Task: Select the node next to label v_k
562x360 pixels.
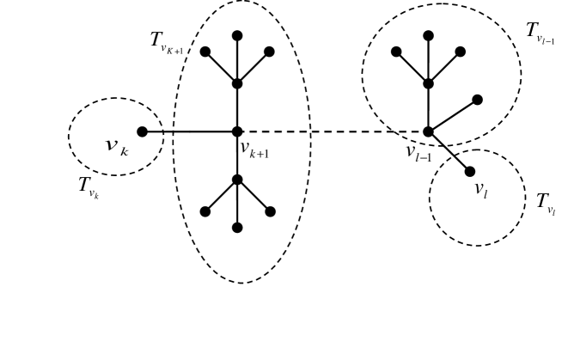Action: [x=143, y=131]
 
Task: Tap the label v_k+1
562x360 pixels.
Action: [x=254, y=149]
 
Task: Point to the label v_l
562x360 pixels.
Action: [x=481, y=190]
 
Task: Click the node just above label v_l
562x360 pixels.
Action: [x=470, y=172]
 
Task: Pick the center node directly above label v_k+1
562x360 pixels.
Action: [x=237, y=131]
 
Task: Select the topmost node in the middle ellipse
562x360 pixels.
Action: [x=237, y=36]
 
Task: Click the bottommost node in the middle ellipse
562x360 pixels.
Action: [x=237, y=228]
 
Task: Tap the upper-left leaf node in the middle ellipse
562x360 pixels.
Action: [x=205, y=52]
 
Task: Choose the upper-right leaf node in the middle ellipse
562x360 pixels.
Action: [x=269, y=52]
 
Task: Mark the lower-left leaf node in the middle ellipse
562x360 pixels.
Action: [x=205, y=211]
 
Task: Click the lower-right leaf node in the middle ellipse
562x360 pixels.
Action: [x=270, y=211]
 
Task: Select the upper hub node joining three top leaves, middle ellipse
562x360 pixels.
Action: [x=237, y=83]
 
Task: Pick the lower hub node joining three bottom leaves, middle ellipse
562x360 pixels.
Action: [x=237, y=180]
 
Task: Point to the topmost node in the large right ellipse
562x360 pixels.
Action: [x=428, y=36]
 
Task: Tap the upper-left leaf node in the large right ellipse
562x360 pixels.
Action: [x=396, y=52]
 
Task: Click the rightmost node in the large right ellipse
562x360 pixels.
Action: [x=478, y=100]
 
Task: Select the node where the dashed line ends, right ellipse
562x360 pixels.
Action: [x=428, y=131]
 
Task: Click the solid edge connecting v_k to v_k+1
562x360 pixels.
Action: [x=190, y=131]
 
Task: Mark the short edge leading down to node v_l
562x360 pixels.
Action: [x=449, y=152]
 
